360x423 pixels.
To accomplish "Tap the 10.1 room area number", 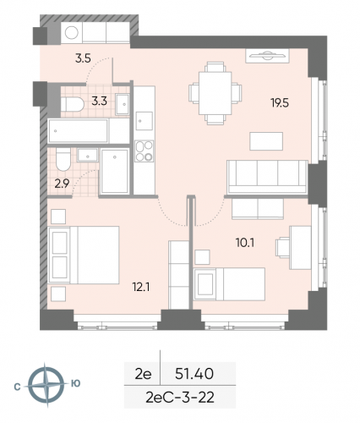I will [x=244, y=241].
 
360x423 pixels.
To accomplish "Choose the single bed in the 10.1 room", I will [x=231, y=281].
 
